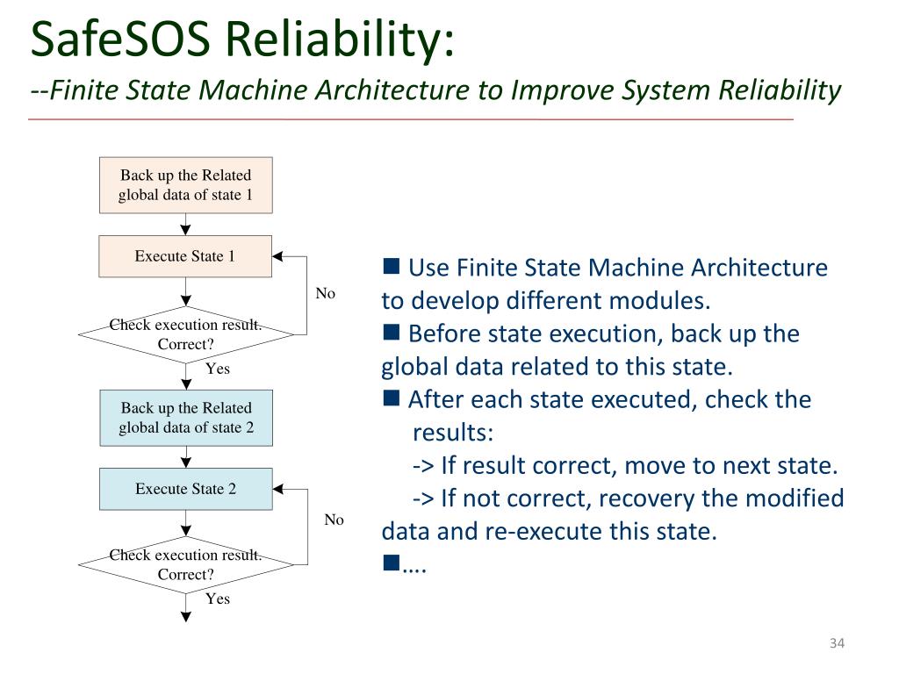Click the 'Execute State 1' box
(x=185, y=256)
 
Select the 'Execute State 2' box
(x=186, y=489)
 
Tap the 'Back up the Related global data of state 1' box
(x=186, y=185)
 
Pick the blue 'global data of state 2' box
(x=186, y=418)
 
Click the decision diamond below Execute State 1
(x=186, y=334)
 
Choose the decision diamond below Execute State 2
(x=186, y=564)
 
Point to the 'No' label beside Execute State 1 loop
(x=325, y=293)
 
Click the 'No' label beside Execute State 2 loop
(x=334, y=520)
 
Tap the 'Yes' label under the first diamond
(x=218, y=369)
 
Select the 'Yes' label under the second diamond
(x=218, y=599)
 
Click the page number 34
(x=837, y=643)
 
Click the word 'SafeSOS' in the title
(x=120, y=39)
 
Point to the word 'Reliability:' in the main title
(x=340, y=40)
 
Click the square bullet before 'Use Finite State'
(x=391, y=266)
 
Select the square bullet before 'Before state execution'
(x=391, y=332)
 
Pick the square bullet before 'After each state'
(x=391, y=398)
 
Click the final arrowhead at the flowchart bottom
(x=186, y=617)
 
